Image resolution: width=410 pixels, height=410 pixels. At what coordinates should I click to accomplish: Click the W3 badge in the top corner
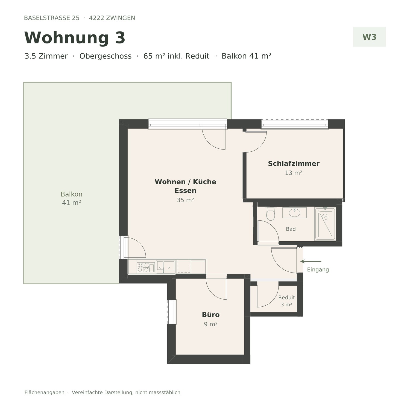369,37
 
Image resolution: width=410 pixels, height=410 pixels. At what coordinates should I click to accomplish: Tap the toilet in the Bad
270,214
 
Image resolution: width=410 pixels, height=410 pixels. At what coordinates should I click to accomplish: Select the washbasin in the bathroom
294,212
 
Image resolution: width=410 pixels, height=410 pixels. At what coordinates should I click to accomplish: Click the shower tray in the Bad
325,224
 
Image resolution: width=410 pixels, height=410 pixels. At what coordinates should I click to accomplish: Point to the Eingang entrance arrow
311,261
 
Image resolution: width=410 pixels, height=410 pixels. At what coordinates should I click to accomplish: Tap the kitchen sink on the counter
166,267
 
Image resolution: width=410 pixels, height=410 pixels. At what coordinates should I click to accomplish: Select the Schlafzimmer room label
294,163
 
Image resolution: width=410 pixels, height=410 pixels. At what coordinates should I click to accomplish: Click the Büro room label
211,315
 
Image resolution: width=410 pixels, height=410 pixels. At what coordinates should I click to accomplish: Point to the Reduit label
286,297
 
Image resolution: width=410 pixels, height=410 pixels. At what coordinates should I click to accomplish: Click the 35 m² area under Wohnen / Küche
185,200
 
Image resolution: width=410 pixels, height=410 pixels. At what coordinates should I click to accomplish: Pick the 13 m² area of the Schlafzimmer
294,173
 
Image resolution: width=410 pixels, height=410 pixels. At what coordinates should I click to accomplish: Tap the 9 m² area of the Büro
210,324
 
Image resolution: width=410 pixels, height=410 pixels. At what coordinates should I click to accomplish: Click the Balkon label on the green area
71,194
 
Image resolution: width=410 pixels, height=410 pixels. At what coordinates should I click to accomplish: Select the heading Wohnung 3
75,37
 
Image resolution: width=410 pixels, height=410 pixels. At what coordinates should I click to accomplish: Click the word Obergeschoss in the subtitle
105,56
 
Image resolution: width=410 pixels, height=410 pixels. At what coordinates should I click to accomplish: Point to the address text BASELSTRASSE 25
52,18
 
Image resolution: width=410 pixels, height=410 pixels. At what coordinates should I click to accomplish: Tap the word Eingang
318,270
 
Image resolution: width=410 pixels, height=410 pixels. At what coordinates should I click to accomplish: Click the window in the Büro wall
172,312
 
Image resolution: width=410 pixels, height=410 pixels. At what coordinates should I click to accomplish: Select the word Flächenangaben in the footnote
44,393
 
